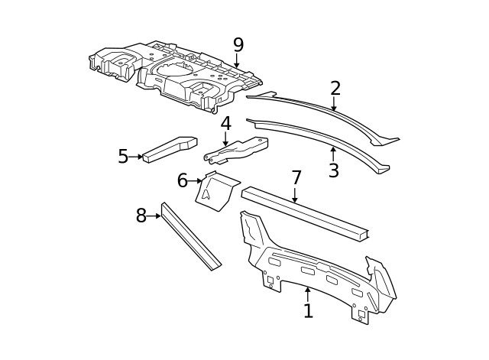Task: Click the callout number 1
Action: [x=308, y=310]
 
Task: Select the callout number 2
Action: [x=335, y=89]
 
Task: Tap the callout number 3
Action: [x=333, y=171]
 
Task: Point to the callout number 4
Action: [x=225, y=124]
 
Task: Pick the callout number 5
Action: [x=123, y=157]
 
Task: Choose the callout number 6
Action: [x=182, y=181]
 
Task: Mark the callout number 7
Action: [x=296, y=178]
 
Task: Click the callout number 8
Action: [x=141, y=216]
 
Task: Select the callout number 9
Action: [x=238, y=45]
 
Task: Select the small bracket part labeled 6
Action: [x=215, y=192]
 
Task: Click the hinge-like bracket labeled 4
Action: [x=237, y=150]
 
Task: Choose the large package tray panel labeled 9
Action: [x=176, y=73]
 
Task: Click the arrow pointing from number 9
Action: [x=237, y=61]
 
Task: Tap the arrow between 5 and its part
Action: [x=138, y=157]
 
